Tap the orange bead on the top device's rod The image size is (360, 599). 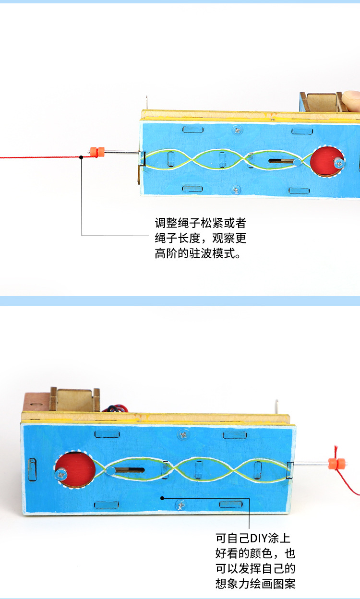97,151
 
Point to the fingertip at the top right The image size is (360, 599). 351,98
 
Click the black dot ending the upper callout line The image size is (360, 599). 81,157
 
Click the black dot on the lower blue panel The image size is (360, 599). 162,498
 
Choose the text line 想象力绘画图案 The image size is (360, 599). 255,584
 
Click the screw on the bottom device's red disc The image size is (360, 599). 62,474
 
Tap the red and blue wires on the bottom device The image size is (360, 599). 117,407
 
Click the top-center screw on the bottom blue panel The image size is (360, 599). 183,434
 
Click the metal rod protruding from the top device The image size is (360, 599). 120,153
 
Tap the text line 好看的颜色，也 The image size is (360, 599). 255,553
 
